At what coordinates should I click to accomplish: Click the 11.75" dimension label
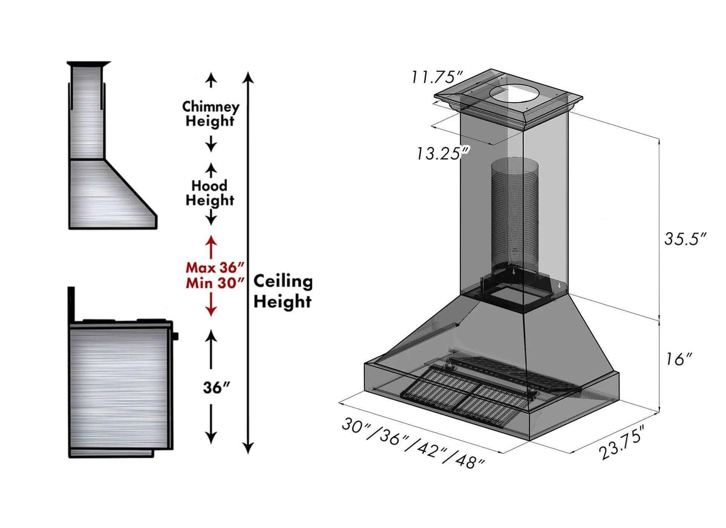437,77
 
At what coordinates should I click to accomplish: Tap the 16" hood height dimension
676,359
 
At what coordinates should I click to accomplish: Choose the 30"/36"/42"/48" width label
413,443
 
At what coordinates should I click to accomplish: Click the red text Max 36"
215,267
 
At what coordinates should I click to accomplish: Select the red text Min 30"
215,281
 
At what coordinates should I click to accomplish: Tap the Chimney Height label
211,114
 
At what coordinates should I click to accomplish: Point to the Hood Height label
209,192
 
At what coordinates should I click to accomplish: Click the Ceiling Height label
283,290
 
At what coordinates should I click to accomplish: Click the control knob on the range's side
175,335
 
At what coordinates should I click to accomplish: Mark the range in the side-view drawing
119,387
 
